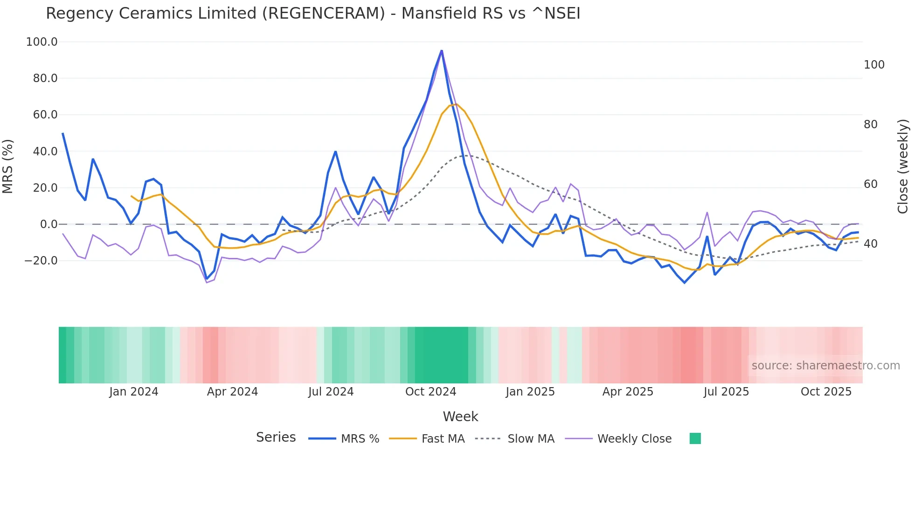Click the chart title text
(x=313, y=14)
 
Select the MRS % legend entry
(x=360, y=439)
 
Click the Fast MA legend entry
(x=443, y=439)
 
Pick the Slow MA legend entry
(x=531, y=439)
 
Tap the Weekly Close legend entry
(x=634, y=439)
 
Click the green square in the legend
(x=695, y=438)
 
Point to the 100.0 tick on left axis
(x=42, y=42)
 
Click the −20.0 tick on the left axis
(x=41, y=261)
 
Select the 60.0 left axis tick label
(x=45, y=115)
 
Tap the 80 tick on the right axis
(x=870, y=125)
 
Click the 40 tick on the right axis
(x=870, y=244)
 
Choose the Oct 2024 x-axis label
(x=430, y=392)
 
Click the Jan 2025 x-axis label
(x=530, y=392)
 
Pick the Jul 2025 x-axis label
(x=726, y=392)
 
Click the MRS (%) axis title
(x=8, y=166)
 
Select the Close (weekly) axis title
(x=903, y=166)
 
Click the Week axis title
(x=460, y=417)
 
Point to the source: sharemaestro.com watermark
(x=825, y=366)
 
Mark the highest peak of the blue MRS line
(x=442, y=50)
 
